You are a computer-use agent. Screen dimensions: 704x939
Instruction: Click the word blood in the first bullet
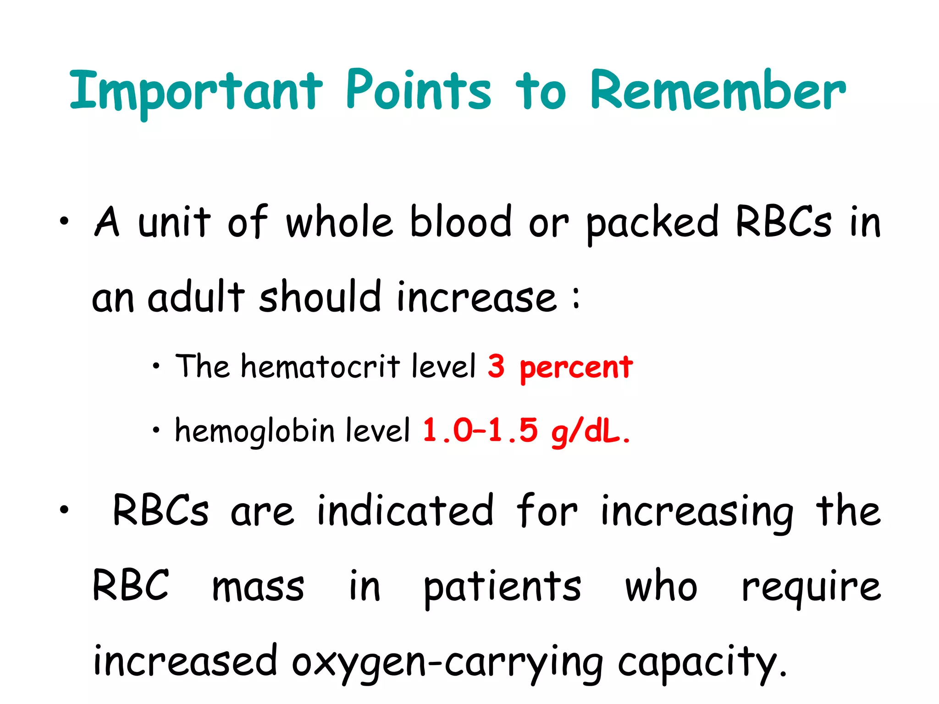point(460,222)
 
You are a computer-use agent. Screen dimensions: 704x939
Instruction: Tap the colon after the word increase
point(576,298)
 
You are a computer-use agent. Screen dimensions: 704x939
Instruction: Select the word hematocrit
point(320,367)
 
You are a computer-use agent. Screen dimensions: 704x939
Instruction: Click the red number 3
point(496,366)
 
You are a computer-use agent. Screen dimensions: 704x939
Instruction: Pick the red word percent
point(576,368)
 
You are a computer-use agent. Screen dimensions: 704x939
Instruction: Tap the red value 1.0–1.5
point(480,431)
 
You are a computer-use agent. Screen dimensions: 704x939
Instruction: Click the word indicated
point(405,511)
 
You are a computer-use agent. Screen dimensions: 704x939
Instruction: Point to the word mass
point(258,587)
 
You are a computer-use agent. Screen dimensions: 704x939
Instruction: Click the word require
point(811,588)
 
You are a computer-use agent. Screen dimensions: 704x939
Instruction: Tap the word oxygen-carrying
point(447,663)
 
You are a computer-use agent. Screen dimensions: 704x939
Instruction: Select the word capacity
point(701,663)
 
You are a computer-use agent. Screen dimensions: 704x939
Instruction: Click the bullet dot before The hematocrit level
point(156,366)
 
